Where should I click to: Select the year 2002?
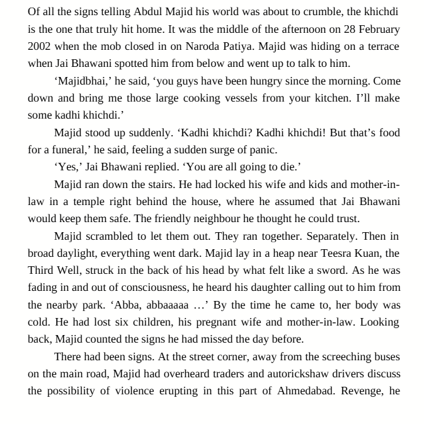point(39,46)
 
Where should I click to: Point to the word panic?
point(263,150)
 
